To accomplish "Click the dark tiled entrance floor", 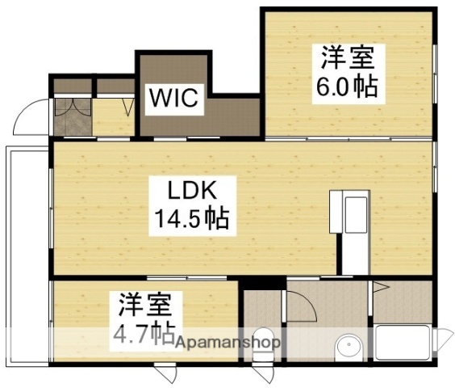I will point(71,117).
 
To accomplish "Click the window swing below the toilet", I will point(261,374).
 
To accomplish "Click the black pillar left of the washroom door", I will point(252,284).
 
